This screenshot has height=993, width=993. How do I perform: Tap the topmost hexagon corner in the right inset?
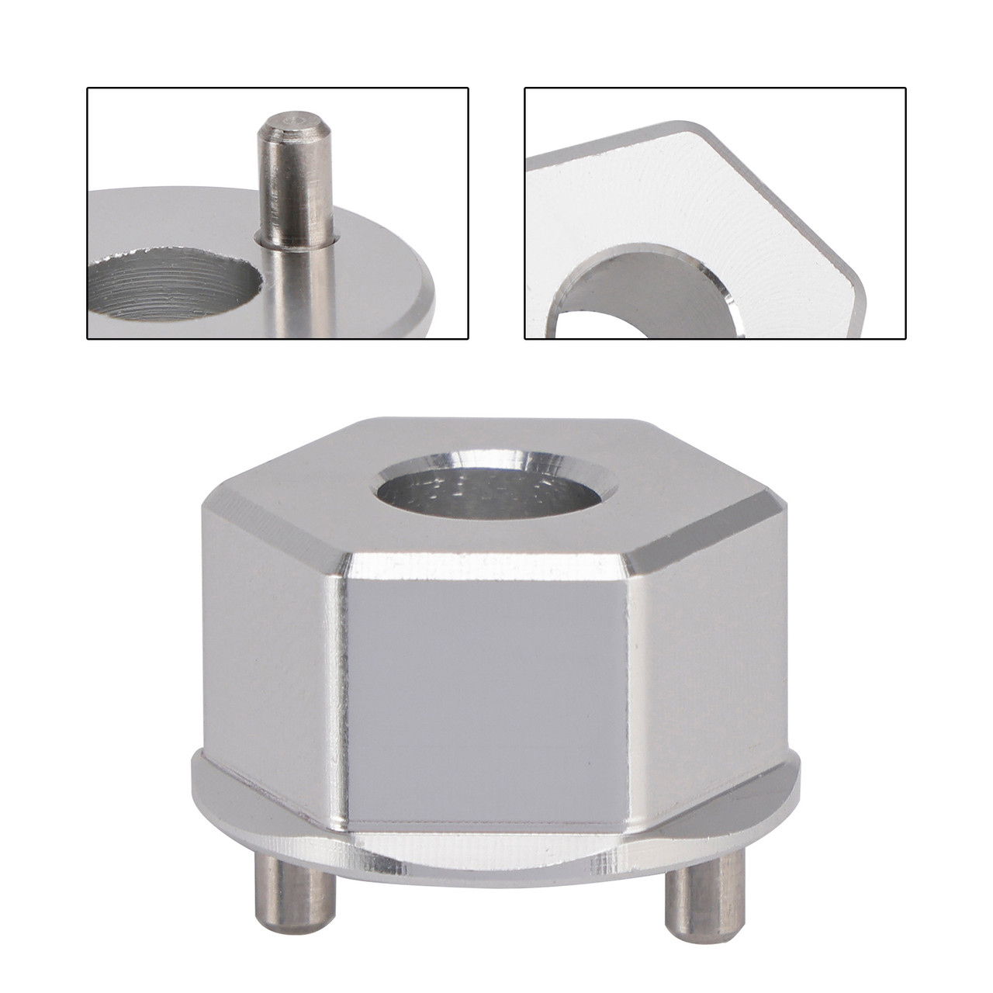[x=683, y=124]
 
